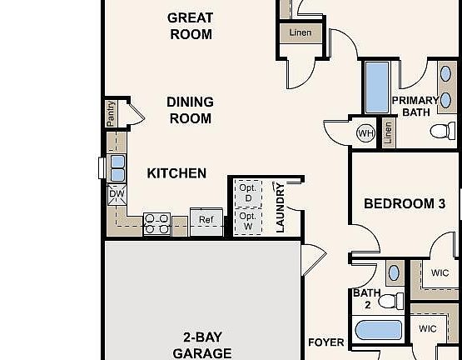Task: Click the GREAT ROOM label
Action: tap(190, 26)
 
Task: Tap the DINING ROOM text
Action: tap(190, 110)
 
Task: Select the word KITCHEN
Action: tap(176, 173)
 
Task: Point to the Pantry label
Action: tap(111, 114)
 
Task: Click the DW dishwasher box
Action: tap(116, 194)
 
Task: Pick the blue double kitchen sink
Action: tap(117, 167)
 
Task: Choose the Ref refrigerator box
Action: tap(206, 220)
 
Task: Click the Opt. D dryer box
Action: tap(247, 192)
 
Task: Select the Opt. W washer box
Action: tap(247, 220)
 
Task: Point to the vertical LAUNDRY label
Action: tap(280, 207)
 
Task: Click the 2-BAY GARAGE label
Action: tap(201, 345)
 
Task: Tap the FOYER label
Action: tap(325, 342)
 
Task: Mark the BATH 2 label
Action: tap(366, 298)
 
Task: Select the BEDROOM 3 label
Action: tap(400, 203)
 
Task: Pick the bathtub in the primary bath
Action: tap(377, 87)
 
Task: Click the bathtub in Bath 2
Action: tap(379, 330)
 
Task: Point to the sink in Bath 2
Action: tap(394, 272)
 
